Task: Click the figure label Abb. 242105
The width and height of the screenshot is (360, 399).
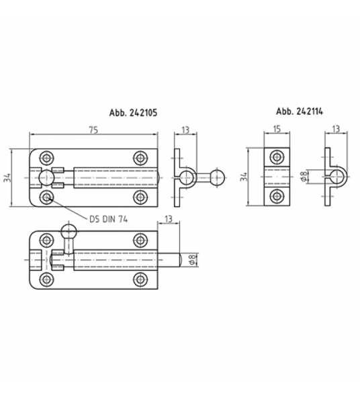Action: click(x=133, y=114)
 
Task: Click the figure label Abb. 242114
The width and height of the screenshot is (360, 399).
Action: click(x=299, y=111)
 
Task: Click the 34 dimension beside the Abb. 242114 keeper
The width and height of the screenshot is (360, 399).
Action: click(x=244, y=176)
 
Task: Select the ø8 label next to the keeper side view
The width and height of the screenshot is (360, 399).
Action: click(x=304, y=177)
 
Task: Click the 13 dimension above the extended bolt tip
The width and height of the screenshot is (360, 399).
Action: click(x=168, y=218)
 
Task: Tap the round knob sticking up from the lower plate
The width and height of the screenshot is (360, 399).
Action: click(x=69, y=232)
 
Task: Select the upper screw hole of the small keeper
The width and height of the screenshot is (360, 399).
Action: click(x=276, y=157)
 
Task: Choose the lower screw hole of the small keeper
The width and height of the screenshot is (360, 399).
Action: click(x=276, y=196)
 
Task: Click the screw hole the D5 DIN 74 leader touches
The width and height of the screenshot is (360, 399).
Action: click(x=46, y=197)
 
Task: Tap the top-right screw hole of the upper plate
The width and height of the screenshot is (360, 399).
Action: click(x=140, y=157)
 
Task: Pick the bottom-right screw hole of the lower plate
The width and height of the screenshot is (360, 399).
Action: click(x=140, y=279)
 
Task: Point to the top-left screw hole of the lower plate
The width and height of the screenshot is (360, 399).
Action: click(x=46, y=239)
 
